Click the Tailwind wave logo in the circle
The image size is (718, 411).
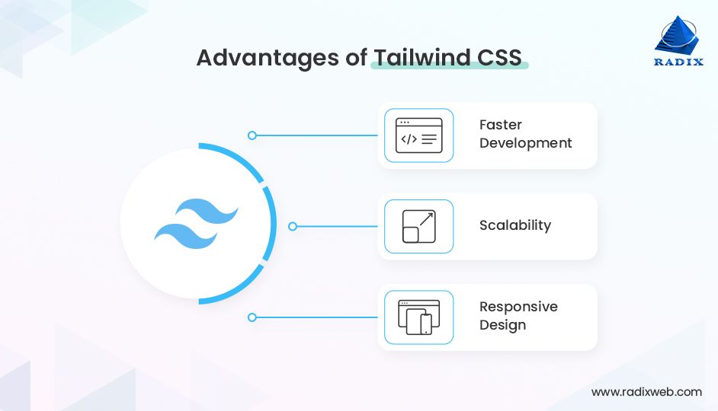click(197, 224)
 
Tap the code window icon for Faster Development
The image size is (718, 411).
click(418, 135)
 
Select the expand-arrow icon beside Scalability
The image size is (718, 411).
click(418, 226)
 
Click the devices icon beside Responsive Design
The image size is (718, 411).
click(418, 317)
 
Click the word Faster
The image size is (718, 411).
click(501, 125)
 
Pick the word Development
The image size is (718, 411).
click(525, 143)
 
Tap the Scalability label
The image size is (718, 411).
click(514, 225)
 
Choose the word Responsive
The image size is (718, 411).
click(518, 307)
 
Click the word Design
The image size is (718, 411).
click(502, 325)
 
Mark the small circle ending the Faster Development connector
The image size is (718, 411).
click(252, 135)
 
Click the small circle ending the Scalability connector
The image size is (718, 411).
click(293, 226)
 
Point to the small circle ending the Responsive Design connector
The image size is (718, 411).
click(252, 317)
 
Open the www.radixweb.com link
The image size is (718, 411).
click(646, 392)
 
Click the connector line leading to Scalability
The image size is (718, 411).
click(336, 226)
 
